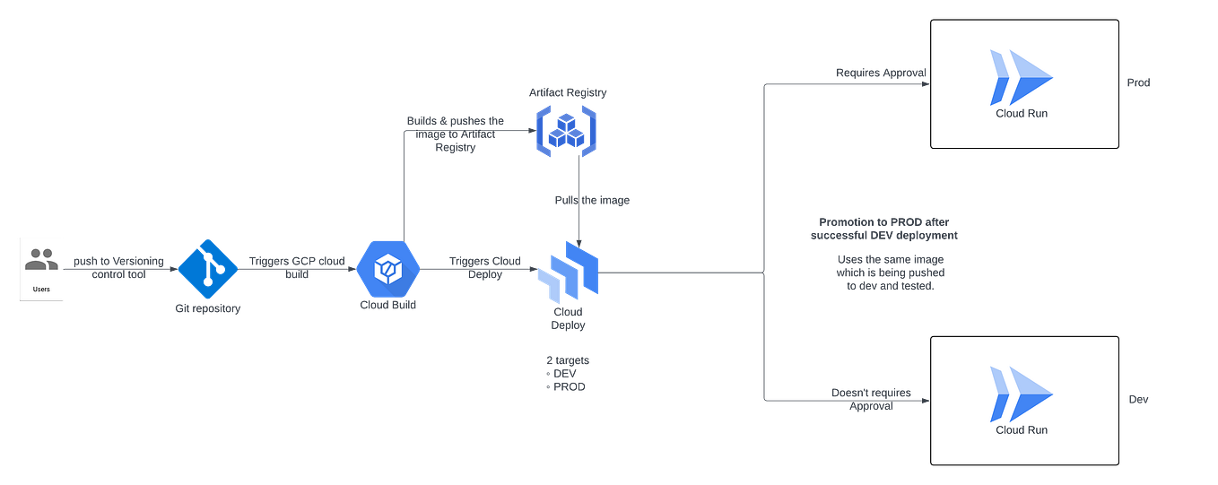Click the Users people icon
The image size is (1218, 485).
41,260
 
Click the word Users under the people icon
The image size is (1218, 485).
41,289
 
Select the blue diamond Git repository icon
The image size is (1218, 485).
207,267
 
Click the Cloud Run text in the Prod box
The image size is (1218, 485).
1021,114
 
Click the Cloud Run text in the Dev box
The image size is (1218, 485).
1021,430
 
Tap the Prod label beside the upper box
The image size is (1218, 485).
1137,82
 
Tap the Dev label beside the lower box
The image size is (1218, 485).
1137,400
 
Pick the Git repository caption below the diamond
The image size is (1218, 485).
207,308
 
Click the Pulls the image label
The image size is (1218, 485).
591,201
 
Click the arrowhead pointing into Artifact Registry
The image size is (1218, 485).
529,131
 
